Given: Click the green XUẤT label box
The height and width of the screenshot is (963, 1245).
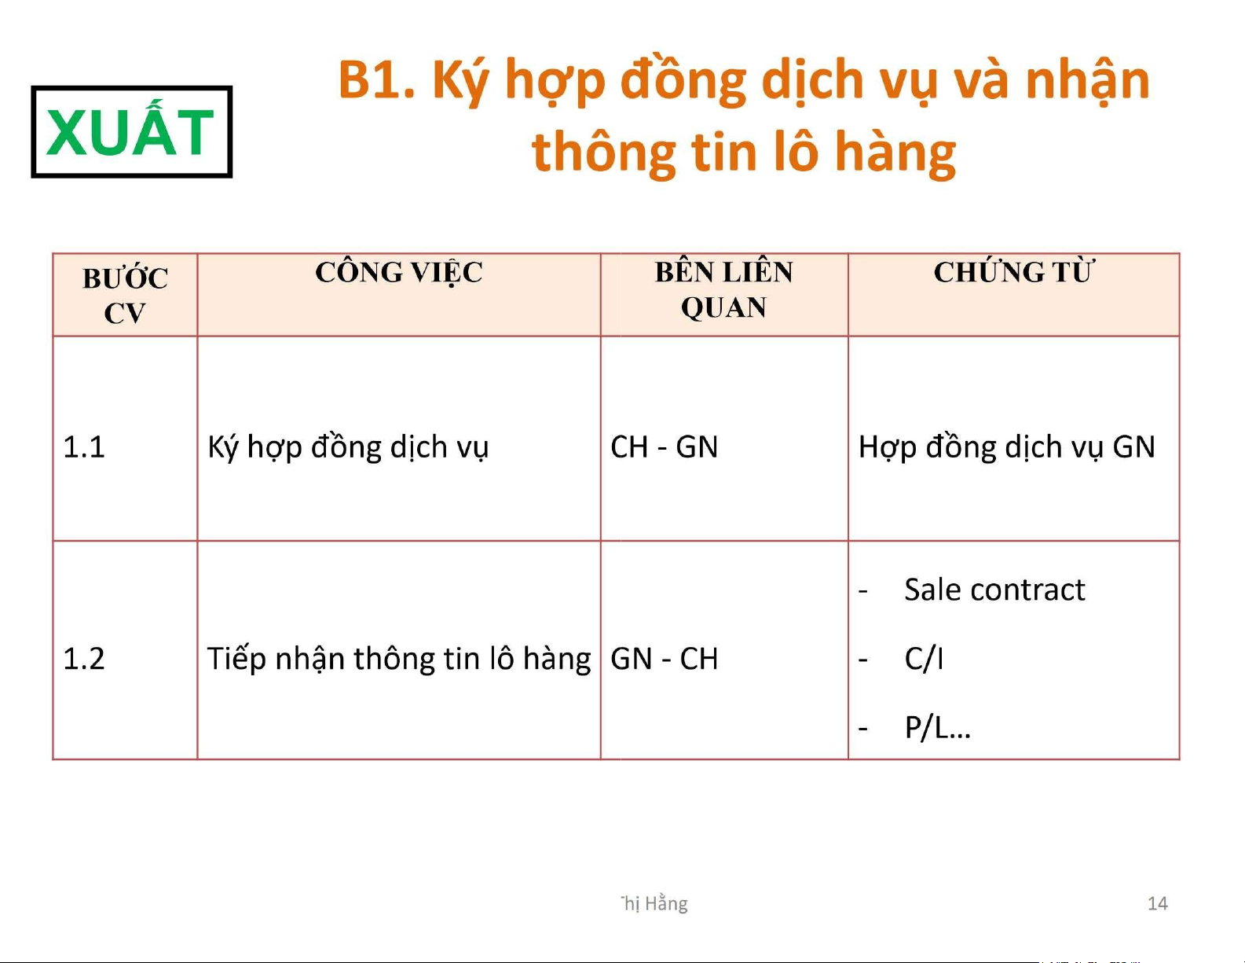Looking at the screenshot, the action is (x=132, y=132).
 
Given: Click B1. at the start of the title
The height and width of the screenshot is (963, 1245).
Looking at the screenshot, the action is (x=376, y=80).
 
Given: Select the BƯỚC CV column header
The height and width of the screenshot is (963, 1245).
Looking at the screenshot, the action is (x=125, y=296).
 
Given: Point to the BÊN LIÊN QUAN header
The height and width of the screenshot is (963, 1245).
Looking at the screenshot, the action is (x=723, y=289).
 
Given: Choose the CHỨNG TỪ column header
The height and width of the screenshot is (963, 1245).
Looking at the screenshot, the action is (x=1013, y=272).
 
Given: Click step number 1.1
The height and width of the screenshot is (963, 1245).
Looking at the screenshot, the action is (x=83, y=447).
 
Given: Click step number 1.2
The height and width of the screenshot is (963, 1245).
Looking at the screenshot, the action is (x=83, y=659).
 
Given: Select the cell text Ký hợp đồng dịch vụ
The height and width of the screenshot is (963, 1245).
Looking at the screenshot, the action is (x=348, y=448).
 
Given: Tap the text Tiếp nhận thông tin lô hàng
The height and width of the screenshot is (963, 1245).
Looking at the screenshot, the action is (x=399, y=660).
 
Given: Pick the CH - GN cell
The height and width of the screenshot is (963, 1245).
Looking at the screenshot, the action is (x=664, y=447).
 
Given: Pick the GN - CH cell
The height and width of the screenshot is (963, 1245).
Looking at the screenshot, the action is (x=664, y=659).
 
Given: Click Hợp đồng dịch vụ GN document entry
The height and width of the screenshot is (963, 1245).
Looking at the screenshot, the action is (x=1007, y=448).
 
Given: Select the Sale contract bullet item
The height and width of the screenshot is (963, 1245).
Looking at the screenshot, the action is (x=994, y=590).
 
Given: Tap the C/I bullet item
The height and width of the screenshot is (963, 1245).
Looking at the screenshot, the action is (x=924, y=659).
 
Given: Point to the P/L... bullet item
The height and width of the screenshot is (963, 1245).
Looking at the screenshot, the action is (x=937, y=728).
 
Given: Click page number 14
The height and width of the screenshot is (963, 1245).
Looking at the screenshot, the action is (x=1157, y=904).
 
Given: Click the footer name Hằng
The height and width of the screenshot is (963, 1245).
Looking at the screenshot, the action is (x=666, y=904).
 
